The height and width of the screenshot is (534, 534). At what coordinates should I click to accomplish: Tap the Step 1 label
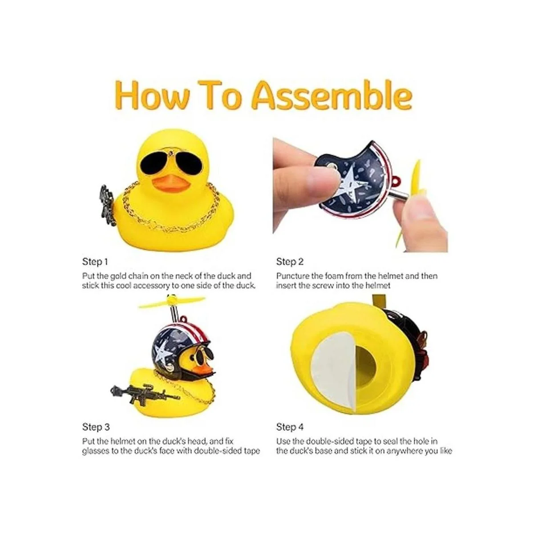coord(95,262)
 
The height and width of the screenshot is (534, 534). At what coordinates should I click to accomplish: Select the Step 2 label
coord(290,262)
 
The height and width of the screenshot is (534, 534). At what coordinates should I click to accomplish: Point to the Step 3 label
coord(96,427)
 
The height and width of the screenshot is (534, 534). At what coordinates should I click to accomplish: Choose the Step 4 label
coord(290,427)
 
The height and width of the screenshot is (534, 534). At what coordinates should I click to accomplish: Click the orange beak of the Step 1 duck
coord(170,183)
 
